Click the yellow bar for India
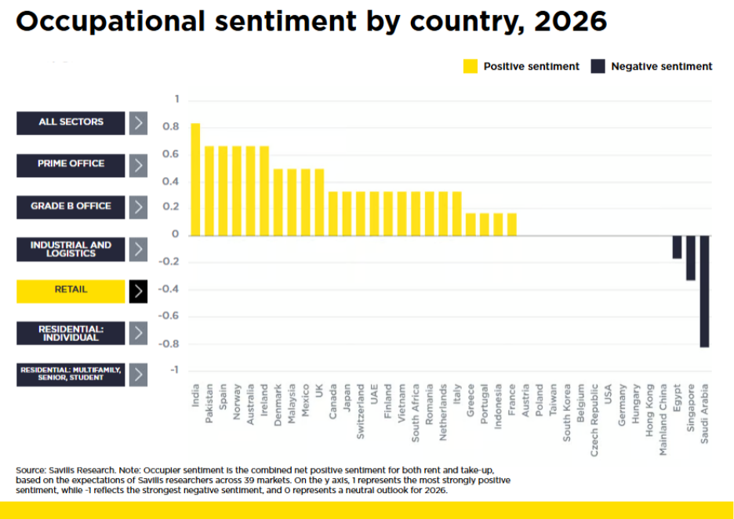pos(195,180)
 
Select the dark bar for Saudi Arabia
pos(705,290)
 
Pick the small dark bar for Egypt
pos(677,246)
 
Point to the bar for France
pos(512,223)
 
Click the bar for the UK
pos(319,201)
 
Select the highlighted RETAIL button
pos(71,291)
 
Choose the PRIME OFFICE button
pos(71,165)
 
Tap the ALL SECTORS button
pos(71,122)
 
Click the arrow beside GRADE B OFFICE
pos(138,207)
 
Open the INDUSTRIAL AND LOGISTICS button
pos(71,249)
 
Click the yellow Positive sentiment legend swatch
pos(471,67)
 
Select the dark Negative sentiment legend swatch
pos(598,67)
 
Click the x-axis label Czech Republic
pos(595,415)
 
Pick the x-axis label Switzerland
pos(360,412)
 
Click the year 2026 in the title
pos(570,21)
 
